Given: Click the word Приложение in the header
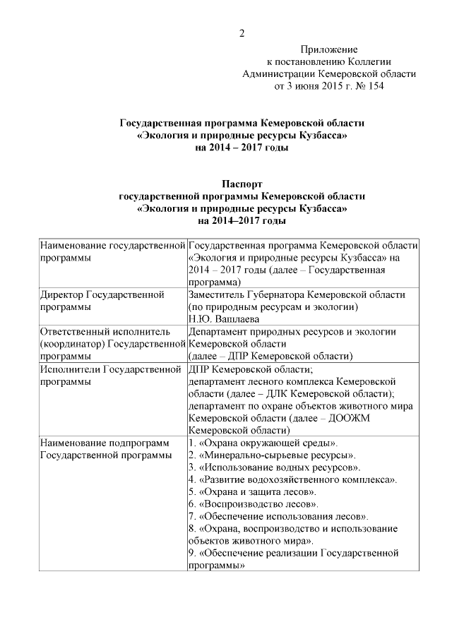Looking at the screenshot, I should tap(329, 49).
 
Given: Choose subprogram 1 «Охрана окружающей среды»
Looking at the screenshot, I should tap(263, 443).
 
